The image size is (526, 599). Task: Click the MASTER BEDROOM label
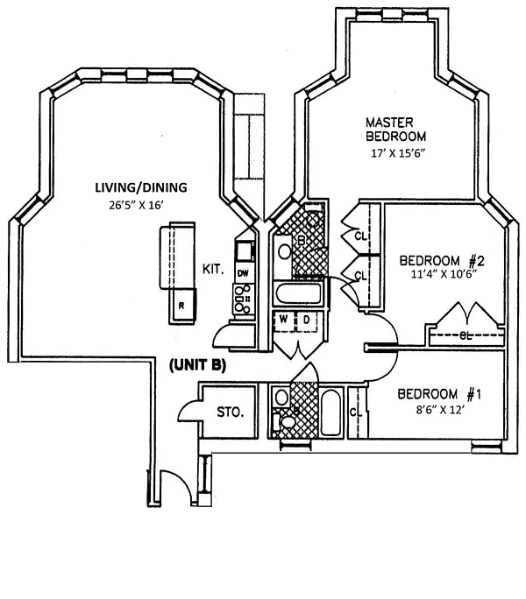tap(395, 129)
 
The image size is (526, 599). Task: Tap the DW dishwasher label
tap(243, 273)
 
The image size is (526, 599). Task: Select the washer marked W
tap(283, 321)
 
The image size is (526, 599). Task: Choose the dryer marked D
tap(308, 321)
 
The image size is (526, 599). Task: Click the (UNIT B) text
tap(196, 366)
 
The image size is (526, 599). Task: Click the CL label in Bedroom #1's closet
tap(355, 412)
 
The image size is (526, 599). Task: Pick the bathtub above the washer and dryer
tap(298, 291)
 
